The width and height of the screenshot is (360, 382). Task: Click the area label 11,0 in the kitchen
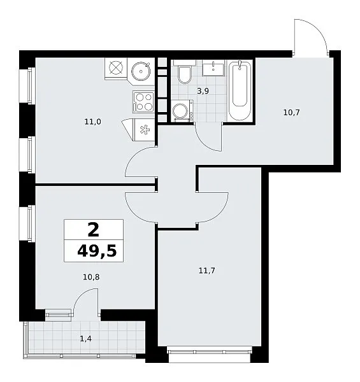92,122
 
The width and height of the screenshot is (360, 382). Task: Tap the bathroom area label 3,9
203,91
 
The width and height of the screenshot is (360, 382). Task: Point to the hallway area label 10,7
292,113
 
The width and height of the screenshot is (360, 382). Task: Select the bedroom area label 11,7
206,271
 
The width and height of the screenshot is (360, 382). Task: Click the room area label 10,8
91,277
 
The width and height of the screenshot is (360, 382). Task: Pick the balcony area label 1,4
86,339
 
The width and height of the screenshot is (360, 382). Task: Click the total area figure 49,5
97,251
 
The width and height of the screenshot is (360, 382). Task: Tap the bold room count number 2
94,230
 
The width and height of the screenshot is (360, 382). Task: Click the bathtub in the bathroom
240,90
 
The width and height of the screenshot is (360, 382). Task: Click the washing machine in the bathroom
182,111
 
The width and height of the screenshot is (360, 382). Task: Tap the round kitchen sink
141,71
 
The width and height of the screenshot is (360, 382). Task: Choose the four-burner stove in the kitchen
143,102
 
